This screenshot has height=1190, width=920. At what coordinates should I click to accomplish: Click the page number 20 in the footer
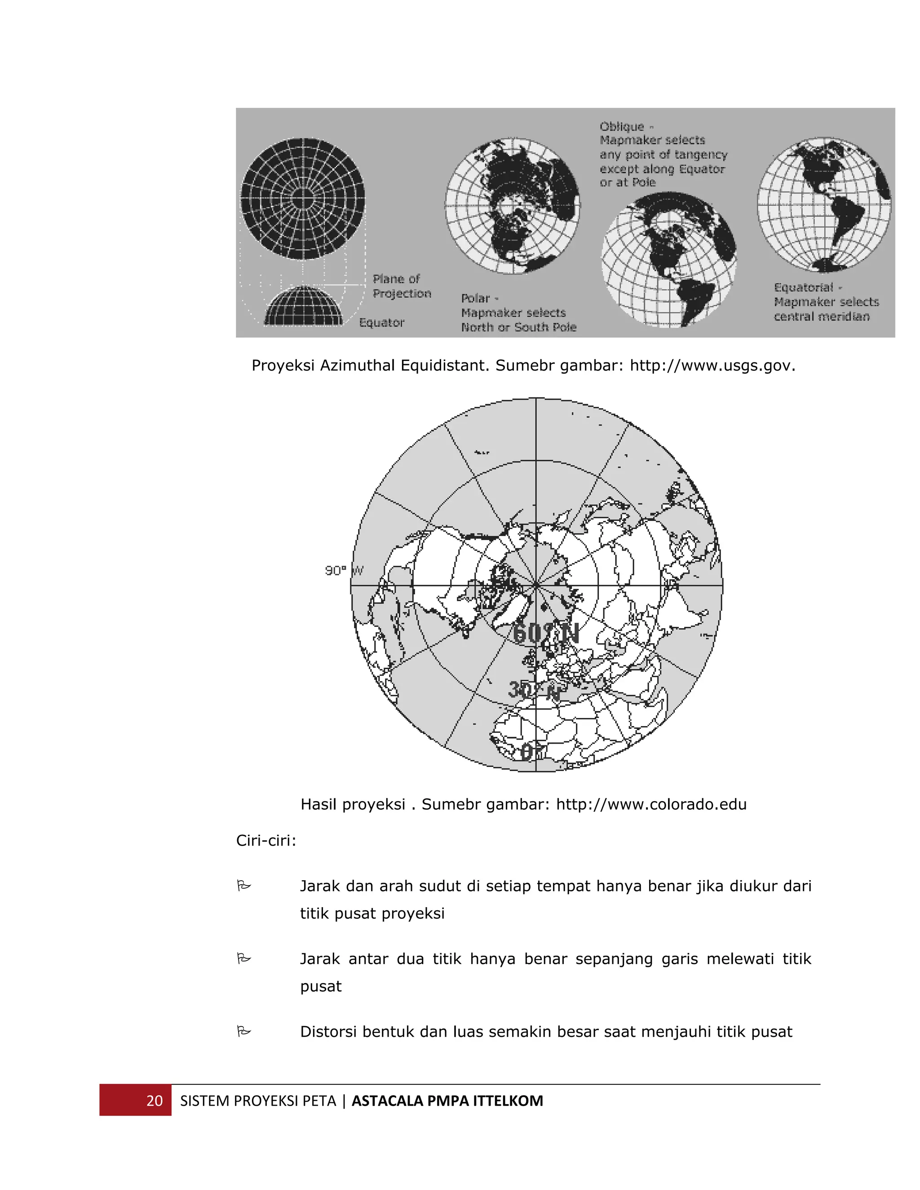point(154,1101)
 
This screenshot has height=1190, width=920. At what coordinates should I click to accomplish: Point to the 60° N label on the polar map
point(545,633)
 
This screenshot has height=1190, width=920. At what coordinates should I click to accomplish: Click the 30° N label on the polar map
point(534,690)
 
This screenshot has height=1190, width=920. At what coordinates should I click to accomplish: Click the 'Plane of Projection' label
point(401,286)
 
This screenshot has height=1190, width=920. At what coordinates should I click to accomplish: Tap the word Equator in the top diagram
point(381,322)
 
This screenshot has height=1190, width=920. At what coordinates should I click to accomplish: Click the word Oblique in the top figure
point(622,127)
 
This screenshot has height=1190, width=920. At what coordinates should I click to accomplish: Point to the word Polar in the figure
point(475,299)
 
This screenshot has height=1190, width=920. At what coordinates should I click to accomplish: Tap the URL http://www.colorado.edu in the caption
point(651,804)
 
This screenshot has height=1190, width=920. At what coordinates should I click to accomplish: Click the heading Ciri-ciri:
point(266,841)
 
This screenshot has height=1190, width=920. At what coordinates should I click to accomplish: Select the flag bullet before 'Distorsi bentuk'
point(243,1031)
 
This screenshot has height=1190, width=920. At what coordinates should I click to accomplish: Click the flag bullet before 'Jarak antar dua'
point(243,958)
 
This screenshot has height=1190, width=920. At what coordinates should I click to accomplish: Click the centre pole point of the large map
point(536,585)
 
